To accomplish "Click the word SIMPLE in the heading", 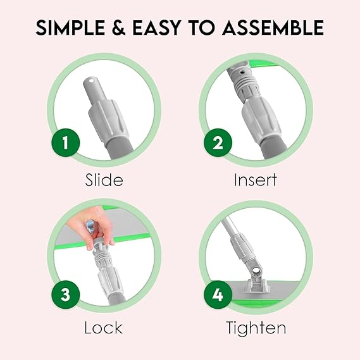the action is pos(70,28).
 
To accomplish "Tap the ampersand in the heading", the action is pos(119,28).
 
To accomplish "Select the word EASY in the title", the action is pos(157,28).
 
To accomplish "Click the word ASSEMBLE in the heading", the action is pos(273,28).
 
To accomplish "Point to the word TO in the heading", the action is pos(202,28).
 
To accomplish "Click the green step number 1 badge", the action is pos(66,142).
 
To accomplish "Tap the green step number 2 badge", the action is pos(218,142).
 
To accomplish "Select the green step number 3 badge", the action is pos(66,295).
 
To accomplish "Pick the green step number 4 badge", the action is pos(218,295).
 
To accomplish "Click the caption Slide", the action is pos(104,180).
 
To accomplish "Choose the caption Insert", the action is pos(256,180).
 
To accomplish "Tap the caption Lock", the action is pos(104,327).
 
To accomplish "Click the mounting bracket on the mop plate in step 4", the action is pos(256,285).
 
